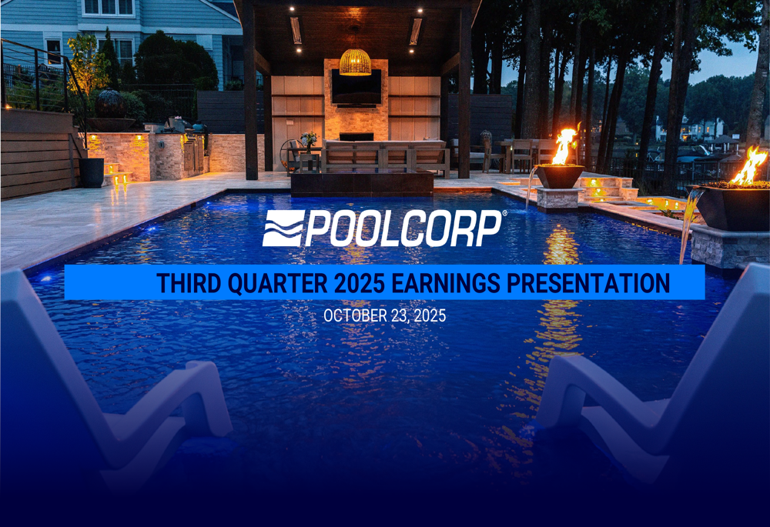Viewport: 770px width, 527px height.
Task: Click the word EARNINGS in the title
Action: coord(446,283)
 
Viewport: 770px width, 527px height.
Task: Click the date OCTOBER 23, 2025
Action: coord(384,315)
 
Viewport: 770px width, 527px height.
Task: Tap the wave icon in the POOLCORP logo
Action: coord(283,228)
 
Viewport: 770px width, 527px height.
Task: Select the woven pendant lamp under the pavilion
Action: coord(355,62)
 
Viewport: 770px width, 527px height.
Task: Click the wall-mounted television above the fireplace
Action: coord(356,87)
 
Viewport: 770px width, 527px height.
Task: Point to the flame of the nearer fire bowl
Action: coord(564,146)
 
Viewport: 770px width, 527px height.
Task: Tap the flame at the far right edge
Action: coord(750,165)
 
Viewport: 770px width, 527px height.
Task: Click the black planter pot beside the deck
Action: coord(92,172)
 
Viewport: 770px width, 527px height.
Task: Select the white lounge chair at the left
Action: coord(100,385)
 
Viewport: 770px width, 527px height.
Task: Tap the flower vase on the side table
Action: coord(308,140)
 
